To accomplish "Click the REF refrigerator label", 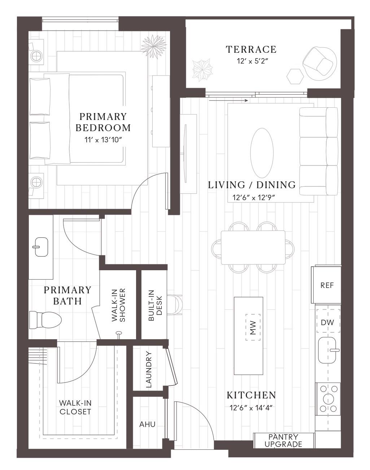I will (327, 285).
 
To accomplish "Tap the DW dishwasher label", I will (327, 322).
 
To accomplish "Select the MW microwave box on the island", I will (253, 328).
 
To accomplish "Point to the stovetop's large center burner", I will (328, 399).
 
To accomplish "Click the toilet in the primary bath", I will (45, 320).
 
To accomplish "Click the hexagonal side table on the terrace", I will (295, 76).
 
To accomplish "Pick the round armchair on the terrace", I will (319, 64).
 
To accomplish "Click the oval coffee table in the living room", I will (262, 153).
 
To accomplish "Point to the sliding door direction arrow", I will (228, 100).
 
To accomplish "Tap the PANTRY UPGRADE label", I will (283, 441).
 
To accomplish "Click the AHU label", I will (147, 424).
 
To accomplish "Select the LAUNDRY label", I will (148, 370).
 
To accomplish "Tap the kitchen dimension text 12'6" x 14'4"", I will (251, 408).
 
